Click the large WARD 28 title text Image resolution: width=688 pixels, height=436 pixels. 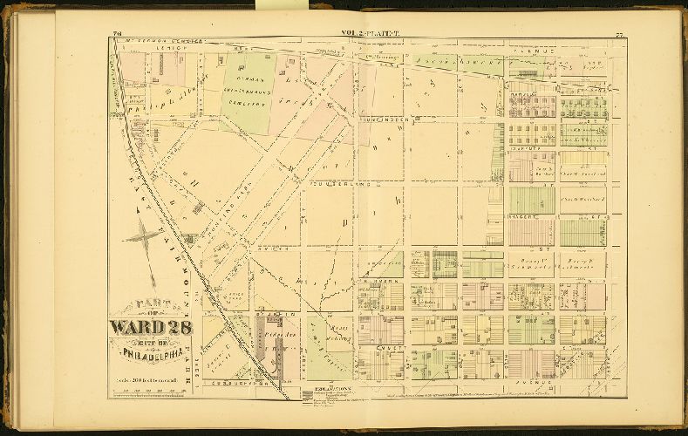pyautogui.click(x=150, y=329)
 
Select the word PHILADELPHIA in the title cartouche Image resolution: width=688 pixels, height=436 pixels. pyautogui.click(x=150, y=357)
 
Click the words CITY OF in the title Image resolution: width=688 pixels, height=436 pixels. pyautogui.click(x=151, y=343)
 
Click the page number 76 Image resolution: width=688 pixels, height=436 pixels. pyautogui.click(x=117, y=34)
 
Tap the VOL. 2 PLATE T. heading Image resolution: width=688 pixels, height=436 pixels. pyautogui.click(x=368, y=34)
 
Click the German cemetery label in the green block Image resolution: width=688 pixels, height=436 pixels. pyautogui.click(x=248, y=87)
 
